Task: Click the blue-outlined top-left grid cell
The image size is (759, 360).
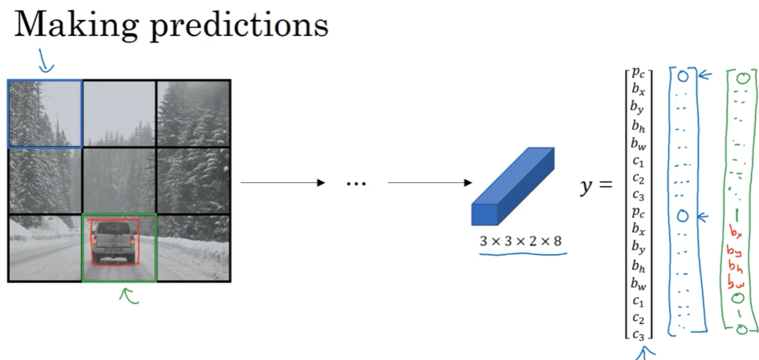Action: coord(45,113)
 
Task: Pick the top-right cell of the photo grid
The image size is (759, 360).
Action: coord(193,113)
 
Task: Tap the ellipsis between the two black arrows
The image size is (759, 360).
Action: coord(356,184)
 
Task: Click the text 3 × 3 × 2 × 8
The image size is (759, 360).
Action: coord(522,241)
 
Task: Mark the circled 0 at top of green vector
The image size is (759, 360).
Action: coord(742,79)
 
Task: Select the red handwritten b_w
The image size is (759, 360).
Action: coord(736,282)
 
